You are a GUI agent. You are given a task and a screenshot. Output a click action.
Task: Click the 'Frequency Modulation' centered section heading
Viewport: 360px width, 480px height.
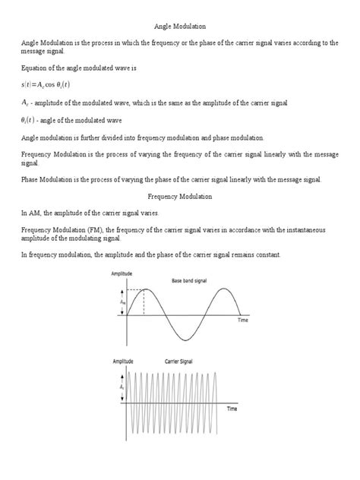click(180, 196)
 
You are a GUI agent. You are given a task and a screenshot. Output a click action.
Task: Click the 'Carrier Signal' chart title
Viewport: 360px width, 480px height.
click(181, 362)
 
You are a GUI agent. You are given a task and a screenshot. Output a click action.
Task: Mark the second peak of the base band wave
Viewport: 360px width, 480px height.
click(224, 289)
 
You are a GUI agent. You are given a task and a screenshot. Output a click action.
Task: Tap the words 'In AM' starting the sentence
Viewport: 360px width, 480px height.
click(31, 213)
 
